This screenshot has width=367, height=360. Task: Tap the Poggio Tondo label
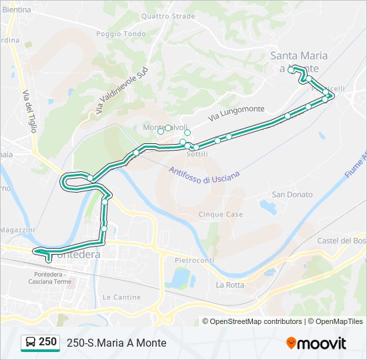tap(121, 34)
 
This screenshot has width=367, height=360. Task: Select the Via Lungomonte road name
tap(236, 113)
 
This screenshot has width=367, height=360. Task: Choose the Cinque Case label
tap(221, 215)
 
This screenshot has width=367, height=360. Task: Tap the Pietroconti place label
tap(194, 260)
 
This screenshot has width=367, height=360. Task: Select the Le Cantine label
tap(117, 297)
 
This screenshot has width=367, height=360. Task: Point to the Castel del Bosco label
tap(342, 240)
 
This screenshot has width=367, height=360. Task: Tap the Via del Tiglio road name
tap(29, 111)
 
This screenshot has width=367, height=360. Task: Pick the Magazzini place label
tap(17, 230)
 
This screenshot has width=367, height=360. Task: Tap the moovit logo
tap(316, 343)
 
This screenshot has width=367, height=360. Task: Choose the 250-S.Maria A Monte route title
tap(116, 343)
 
